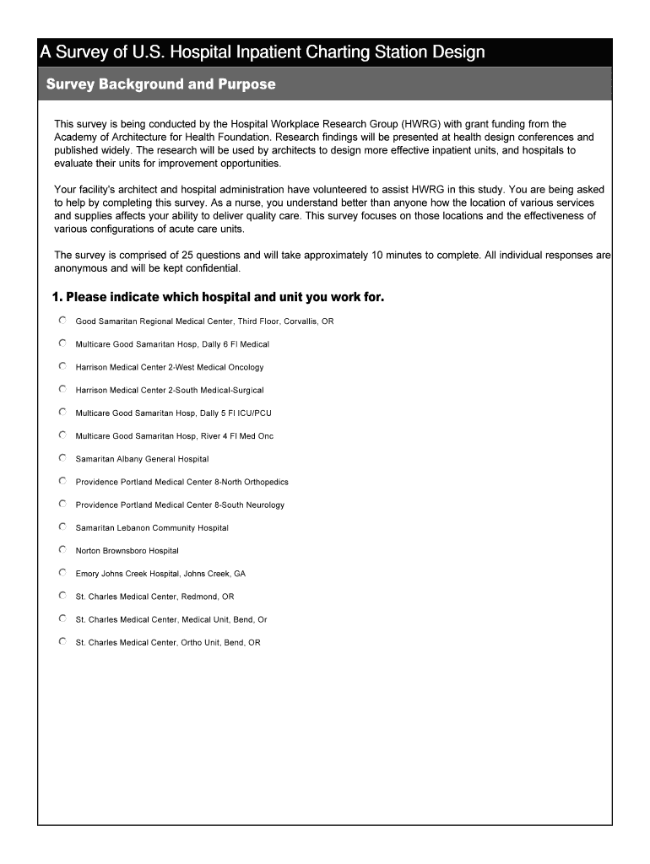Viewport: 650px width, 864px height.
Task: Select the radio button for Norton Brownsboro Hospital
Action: coord(62,549)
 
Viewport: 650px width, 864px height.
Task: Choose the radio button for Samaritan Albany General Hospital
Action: coord(62,458)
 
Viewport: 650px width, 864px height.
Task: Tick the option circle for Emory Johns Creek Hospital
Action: coord(62,572)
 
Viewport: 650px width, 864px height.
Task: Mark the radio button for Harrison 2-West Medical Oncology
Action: coord(62,366)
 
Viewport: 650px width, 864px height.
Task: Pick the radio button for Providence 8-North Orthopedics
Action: coord(62,481)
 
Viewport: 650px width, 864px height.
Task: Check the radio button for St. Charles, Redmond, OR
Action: coord(62,595)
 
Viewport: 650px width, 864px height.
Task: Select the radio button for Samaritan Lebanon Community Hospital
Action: coord(62,526)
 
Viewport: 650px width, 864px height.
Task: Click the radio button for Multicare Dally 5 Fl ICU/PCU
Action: coord(62,412)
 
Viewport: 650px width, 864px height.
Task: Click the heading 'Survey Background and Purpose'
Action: coord(160,84)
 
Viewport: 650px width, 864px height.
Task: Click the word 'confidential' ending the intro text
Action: coord(214,268)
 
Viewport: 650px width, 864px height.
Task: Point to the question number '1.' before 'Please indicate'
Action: coord(57,297)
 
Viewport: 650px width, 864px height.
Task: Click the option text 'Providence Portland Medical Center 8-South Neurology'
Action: coord(180,505)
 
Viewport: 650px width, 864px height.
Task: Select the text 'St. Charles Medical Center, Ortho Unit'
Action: coord(148,642)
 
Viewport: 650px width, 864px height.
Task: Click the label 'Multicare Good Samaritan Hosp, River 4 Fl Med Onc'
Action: coord(174,436)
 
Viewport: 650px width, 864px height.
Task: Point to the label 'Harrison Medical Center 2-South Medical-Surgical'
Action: coord(169,390)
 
